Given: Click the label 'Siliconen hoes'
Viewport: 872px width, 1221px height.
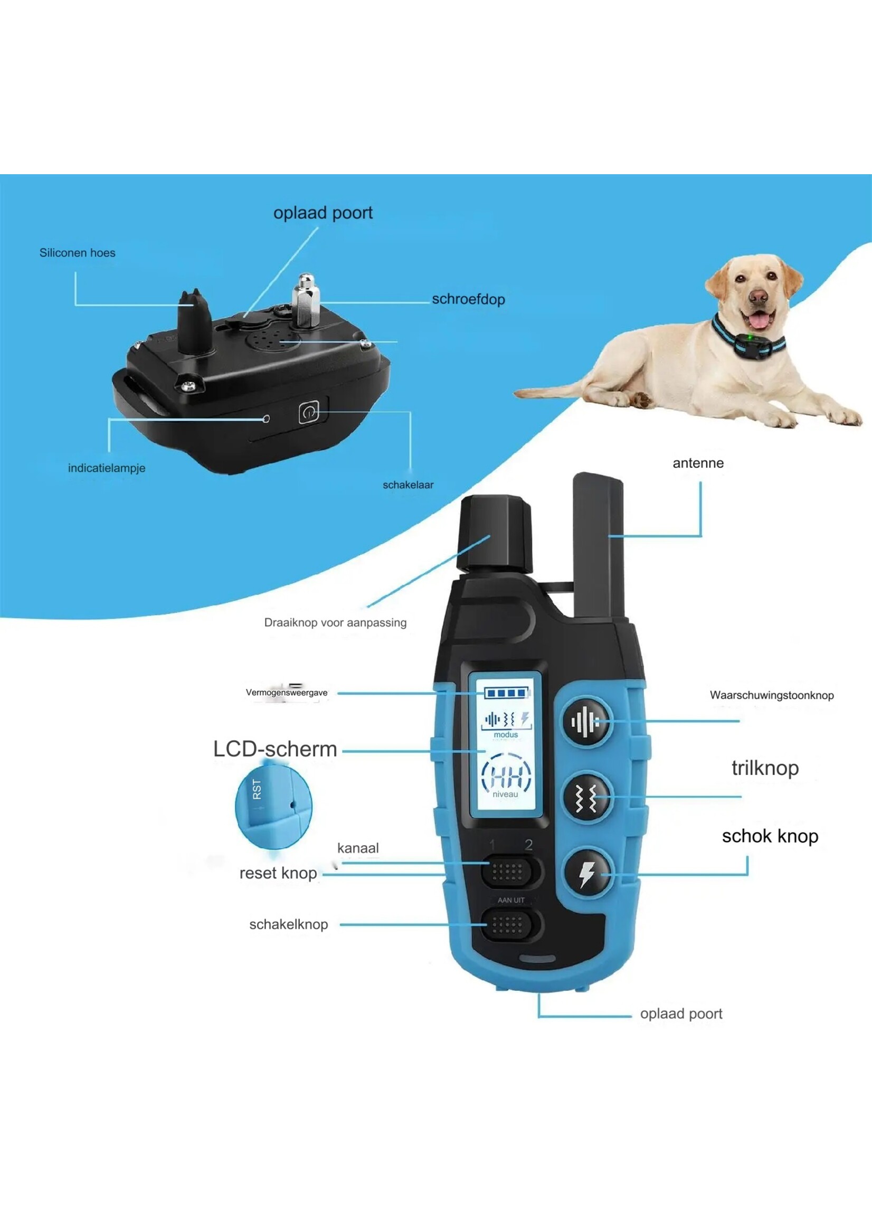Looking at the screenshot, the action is coord(77,253).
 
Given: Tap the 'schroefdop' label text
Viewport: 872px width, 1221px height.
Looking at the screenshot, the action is coord(468,299).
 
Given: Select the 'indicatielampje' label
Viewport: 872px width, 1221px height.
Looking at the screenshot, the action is coord(106,468).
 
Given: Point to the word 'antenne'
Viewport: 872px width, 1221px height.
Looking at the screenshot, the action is coord(698,463).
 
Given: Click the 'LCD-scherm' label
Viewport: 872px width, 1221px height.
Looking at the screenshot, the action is coord(275,749).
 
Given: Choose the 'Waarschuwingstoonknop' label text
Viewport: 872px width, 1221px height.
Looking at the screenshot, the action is coord(772,695).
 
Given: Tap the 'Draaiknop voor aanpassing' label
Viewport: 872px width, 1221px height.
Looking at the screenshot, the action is coord(335,623).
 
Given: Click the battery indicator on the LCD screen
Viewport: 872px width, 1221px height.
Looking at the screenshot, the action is coord(506,693).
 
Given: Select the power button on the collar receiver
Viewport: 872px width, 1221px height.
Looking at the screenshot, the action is coord(309,412).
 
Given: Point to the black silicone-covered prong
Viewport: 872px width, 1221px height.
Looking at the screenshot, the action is coord(194,321).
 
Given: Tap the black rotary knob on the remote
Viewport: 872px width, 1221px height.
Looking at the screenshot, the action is coord(495,534).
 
